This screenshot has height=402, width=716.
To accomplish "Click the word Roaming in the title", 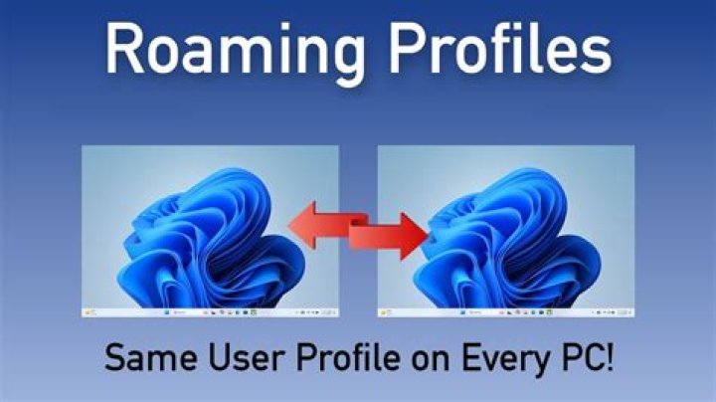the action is click(x=236, y=52).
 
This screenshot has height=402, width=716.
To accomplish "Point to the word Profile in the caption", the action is click(x=348, y=356).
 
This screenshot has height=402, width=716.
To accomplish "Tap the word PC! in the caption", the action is click(x=587, y=357).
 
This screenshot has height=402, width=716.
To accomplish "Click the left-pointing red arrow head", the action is click(x=302, y=225).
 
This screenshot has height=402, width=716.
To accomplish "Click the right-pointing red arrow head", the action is click(x=415, y=236).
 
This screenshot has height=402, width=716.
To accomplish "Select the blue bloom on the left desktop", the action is click(x=211, y=239).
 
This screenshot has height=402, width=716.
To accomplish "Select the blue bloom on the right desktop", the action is click(x=507, y=239).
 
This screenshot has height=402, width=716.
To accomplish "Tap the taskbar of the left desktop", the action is click(x=210, y=312).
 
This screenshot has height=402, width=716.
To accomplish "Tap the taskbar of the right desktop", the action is click(x=506, y=312).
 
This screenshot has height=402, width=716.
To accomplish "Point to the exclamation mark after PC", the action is click(x=610, y=357).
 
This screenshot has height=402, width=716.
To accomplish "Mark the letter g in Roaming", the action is click(x=348, y=61).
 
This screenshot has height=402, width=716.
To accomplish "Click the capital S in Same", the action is click(x=114, y=357).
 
